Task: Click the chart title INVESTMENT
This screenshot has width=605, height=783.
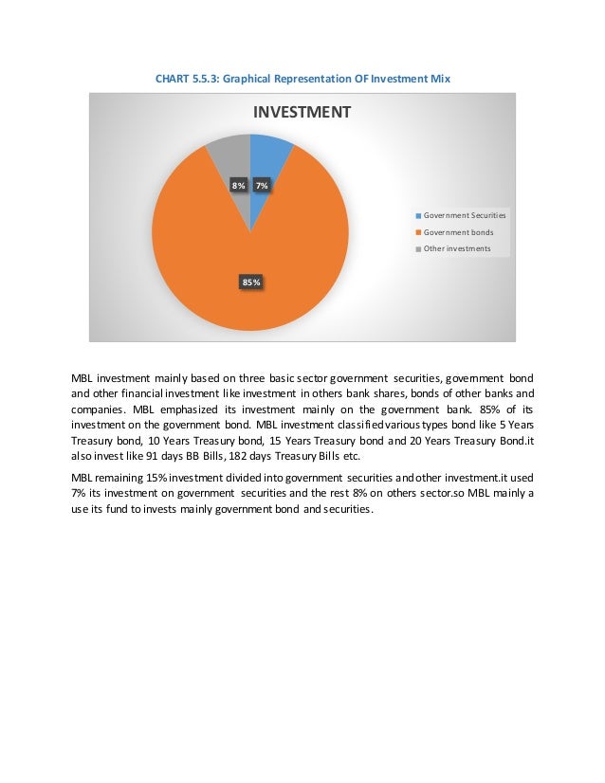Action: pyautogui.click(x=301, y=112)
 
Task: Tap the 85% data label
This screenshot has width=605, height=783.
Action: pyautogui.click(x=251, y=282)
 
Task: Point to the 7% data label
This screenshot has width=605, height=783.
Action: pyautogui.click(x=262, y=186)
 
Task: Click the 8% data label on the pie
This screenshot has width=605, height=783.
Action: pyautogui.click(x=239, y=186)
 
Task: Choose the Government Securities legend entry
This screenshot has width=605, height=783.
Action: pyautogui.click(x=464, y=215)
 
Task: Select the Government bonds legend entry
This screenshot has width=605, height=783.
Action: pyautogui.click(x=457, y=232)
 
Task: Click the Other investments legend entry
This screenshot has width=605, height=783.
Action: pyautogui.click(x=456, y=248)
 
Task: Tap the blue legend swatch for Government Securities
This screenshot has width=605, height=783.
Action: pyautogui.click(x=417, y=216)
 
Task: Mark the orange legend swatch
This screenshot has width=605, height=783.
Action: pyautogui.click(x=417, y=232)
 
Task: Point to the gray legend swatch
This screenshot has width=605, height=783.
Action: pyautogui.click(x=417, y=249)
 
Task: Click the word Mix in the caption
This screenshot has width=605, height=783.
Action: pyautogui.click(x=438, y=79)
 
